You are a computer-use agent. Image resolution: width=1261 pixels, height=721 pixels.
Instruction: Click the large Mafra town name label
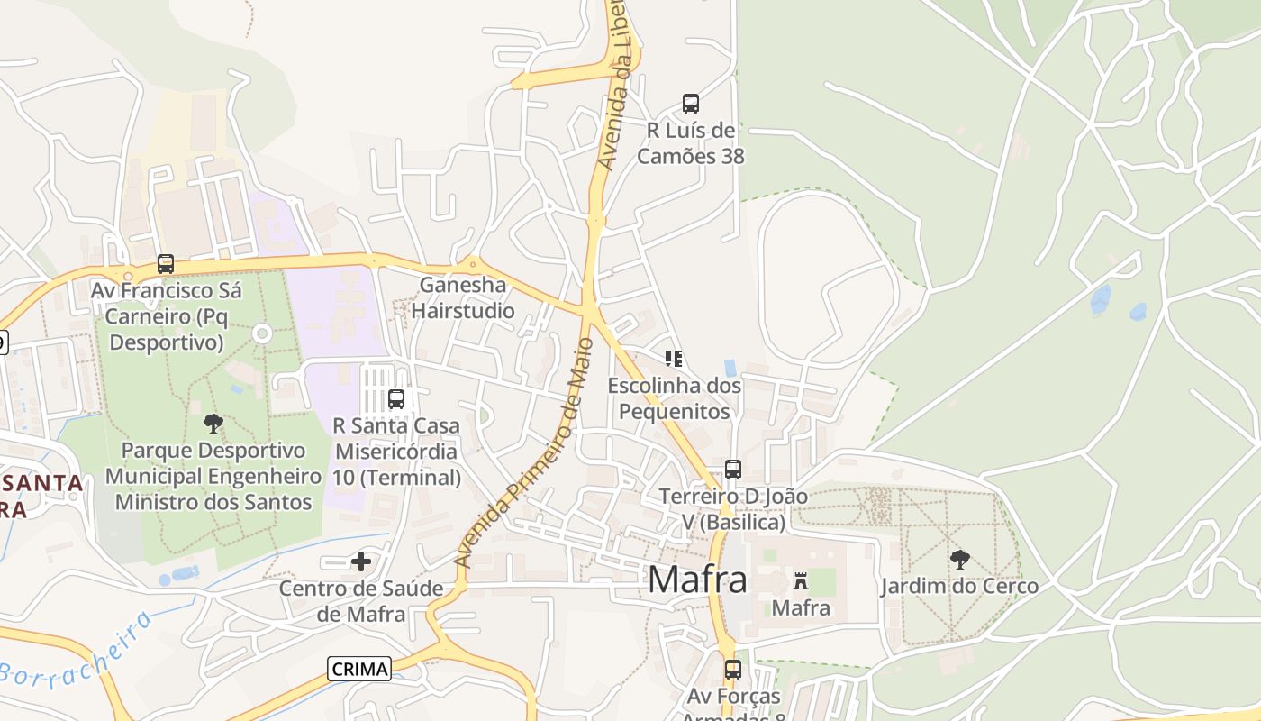pyautogui.click(x=697, y=580)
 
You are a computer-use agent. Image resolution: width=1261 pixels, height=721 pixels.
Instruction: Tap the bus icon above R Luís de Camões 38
pyautogui.click(x=691, y=104)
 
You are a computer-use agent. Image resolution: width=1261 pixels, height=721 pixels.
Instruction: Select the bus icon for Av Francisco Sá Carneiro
pyautogui.click(x=166, y=264)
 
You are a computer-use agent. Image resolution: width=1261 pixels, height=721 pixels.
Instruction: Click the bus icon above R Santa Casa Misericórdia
pyautogui.click(x=396, y=398)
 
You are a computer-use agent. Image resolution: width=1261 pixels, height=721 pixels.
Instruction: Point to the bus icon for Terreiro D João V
pyautogui.click(x=733, y=469)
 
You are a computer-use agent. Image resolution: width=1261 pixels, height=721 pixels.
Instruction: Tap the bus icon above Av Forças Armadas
pyautogui.click(x=733, y=669)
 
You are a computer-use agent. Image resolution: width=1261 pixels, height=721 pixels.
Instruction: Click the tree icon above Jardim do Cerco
pyautogui.click(x=960, y=559)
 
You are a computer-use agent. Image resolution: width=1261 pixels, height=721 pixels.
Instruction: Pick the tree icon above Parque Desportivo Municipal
pyautogui.click(x=213, y=423)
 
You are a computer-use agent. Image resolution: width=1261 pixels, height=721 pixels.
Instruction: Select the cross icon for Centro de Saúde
pyautogui.click(x=361, y=561)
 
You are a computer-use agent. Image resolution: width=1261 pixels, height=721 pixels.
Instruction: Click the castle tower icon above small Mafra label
pyautogui.click(x=801, y=580)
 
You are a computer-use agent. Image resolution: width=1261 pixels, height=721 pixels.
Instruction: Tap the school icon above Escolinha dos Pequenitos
pyautogui.click(x=674, y=359)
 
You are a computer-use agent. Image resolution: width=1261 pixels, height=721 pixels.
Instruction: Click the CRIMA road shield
pyautogui.click(x=359, y=669)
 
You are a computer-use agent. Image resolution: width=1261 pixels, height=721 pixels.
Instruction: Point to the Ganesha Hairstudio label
pyautogui.click(x=463, y=298)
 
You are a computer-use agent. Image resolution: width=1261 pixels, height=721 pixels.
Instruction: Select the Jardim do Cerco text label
pyautogui.click(x=959, y=586)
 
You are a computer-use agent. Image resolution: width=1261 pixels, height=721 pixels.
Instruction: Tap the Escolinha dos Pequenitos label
pyautogui.click(x=675, y=398)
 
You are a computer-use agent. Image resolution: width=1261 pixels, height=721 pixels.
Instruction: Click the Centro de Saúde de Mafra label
pyautogui.click(x=361, y=601)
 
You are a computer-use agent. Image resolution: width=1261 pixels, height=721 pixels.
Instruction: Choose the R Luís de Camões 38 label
pyautogui.click(x=691, y=143)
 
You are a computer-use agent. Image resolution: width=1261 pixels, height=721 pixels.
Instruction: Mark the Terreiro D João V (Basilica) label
pyautogui.click(x=733, y=508)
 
